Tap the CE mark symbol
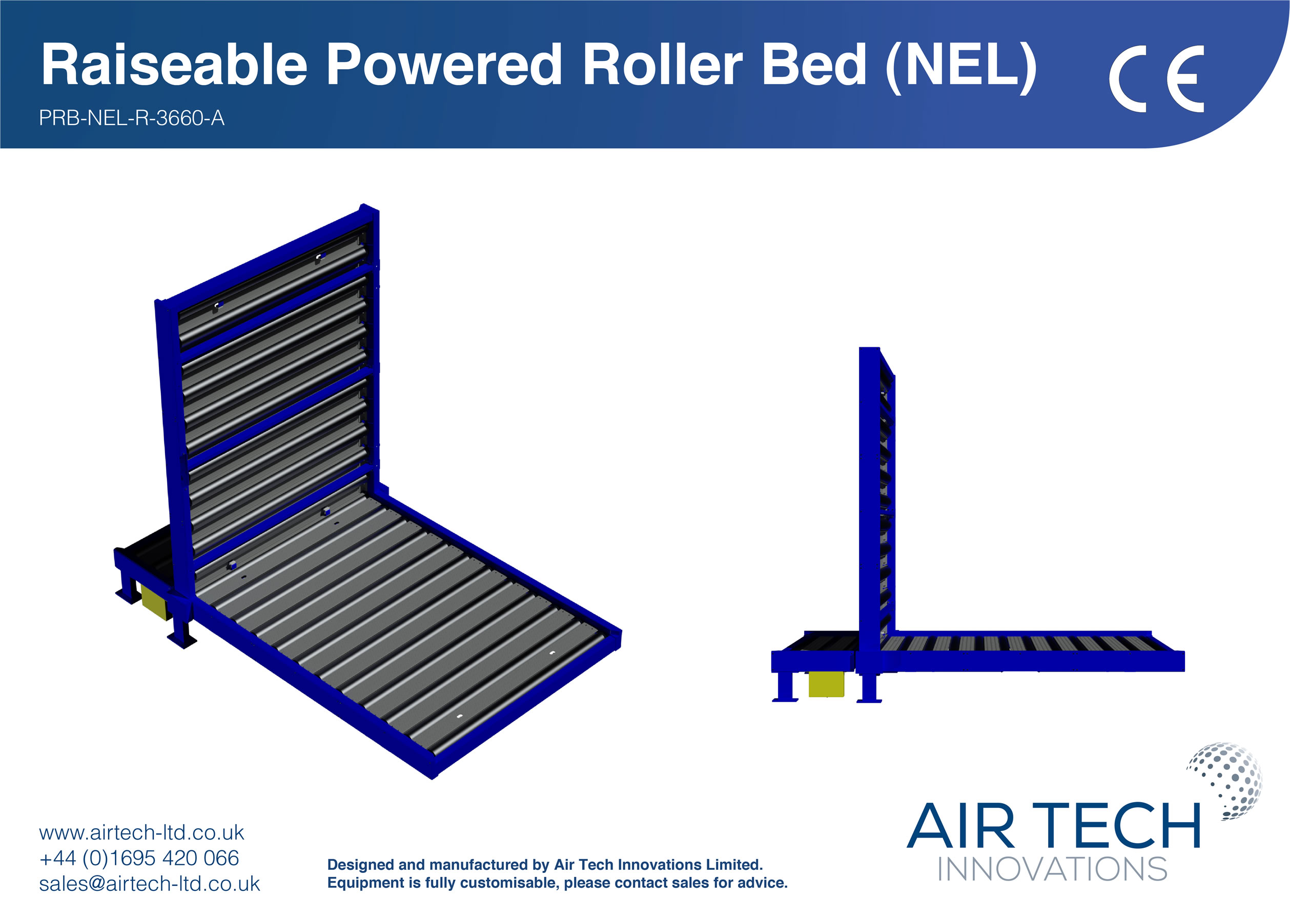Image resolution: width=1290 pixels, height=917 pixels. [1156, 78]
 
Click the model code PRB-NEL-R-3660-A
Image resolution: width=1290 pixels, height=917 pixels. [131, 118]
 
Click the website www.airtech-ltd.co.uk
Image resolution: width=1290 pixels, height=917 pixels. [141, 832]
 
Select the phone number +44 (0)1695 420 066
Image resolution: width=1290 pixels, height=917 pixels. [139, 858]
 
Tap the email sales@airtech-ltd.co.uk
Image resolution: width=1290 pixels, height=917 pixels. [149, 884]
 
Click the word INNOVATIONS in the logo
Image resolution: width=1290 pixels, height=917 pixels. [1052, 869]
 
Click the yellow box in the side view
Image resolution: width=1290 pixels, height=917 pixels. [825, 684]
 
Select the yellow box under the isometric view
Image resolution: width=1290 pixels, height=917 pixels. [154, 602]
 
